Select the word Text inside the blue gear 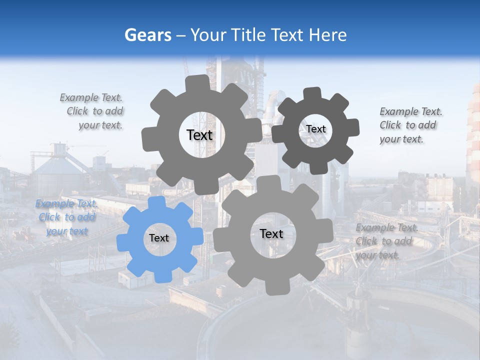[159, 238]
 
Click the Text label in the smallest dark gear [316, 129]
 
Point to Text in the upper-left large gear [199, 135]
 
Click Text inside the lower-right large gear [271, 234]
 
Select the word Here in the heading [328, 35]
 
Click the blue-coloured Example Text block [66, 217]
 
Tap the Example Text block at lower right [385, 241]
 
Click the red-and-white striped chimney [473, 135]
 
